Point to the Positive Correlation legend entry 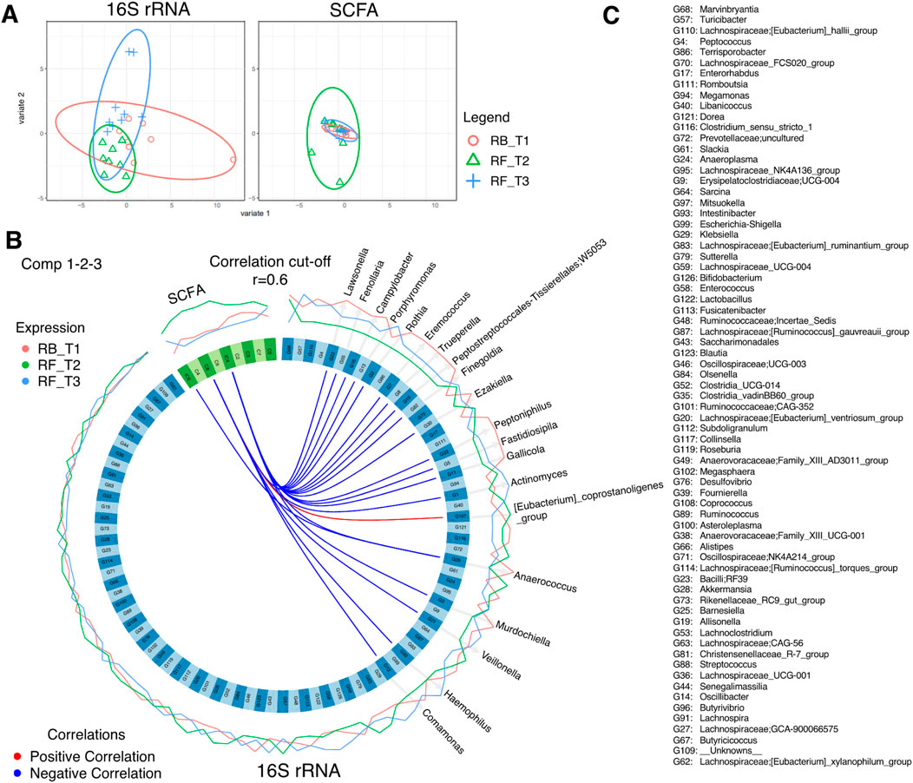(x=93, y=756)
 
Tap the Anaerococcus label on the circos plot (x=544, y=581)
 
